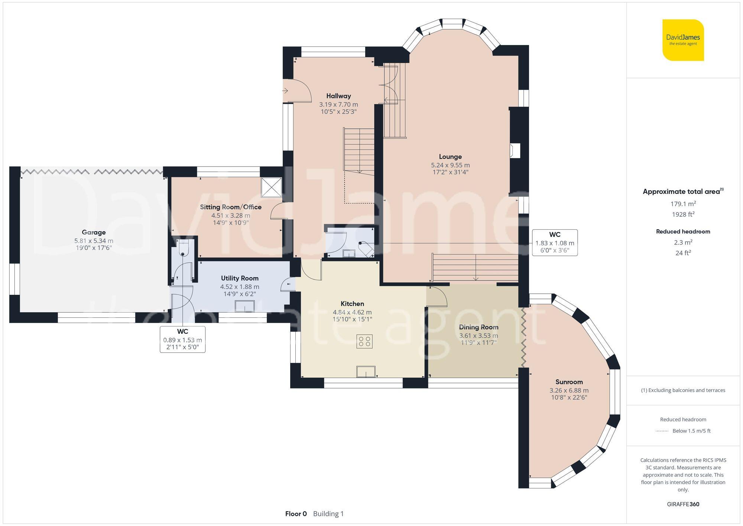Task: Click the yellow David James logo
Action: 683,40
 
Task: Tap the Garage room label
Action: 94,232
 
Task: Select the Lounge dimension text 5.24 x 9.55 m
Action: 450,165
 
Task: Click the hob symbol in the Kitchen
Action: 364,341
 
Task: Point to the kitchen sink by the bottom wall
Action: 366,371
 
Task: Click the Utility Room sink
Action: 244,306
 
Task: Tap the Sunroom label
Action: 569,382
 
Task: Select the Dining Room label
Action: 478,327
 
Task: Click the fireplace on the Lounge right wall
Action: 515,151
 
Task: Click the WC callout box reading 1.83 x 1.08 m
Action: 555,243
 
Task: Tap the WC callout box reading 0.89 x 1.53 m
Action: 182,339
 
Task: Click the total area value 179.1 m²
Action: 683,204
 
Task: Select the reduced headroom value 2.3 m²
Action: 683,242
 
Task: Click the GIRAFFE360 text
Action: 683,504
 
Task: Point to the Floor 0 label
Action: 296,514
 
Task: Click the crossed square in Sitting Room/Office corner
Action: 271,187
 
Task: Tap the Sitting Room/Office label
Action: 230,207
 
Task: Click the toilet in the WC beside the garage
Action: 184,248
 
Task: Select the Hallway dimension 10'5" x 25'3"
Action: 338,112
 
